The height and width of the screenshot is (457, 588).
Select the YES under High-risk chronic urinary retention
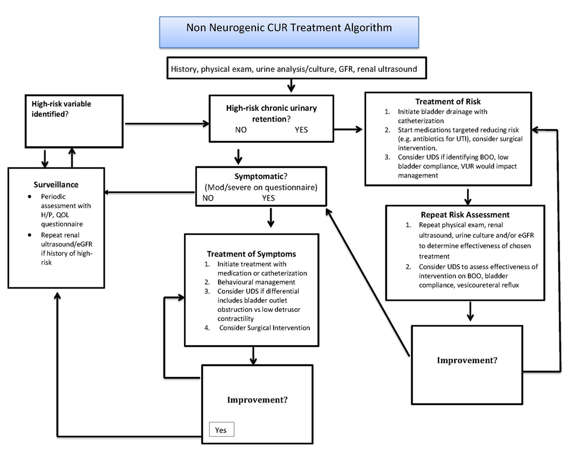click(x=301, y=130)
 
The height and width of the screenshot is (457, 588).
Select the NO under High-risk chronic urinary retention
click(x=241, y=130)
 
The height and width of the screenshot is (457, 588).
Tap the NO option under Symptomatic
click(x=209, y=198)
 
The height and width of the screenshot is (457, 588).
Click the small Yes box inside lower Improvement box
click(x=221, y=430)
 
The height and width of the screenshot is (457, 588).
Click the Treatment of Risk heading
click(x=447, y=102)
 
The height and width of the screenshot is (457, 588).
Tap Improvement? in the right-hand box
click(x=467, y=360)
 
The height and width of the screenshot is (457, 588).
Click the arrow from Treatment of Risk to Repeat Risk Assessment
click(x=468, y=196)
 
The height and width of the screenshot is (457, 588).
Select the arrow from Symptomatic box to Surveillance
click(x=150, y=192)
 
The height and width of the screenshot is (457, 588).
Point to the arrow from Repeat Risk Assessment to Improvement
click(x=470, y=312)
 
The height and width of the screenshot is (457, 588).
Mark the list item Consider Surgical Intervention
click(x=264, y=327)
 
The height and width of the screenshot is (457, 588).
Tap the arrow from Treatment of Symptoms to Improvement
click(x=254, y=355)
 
